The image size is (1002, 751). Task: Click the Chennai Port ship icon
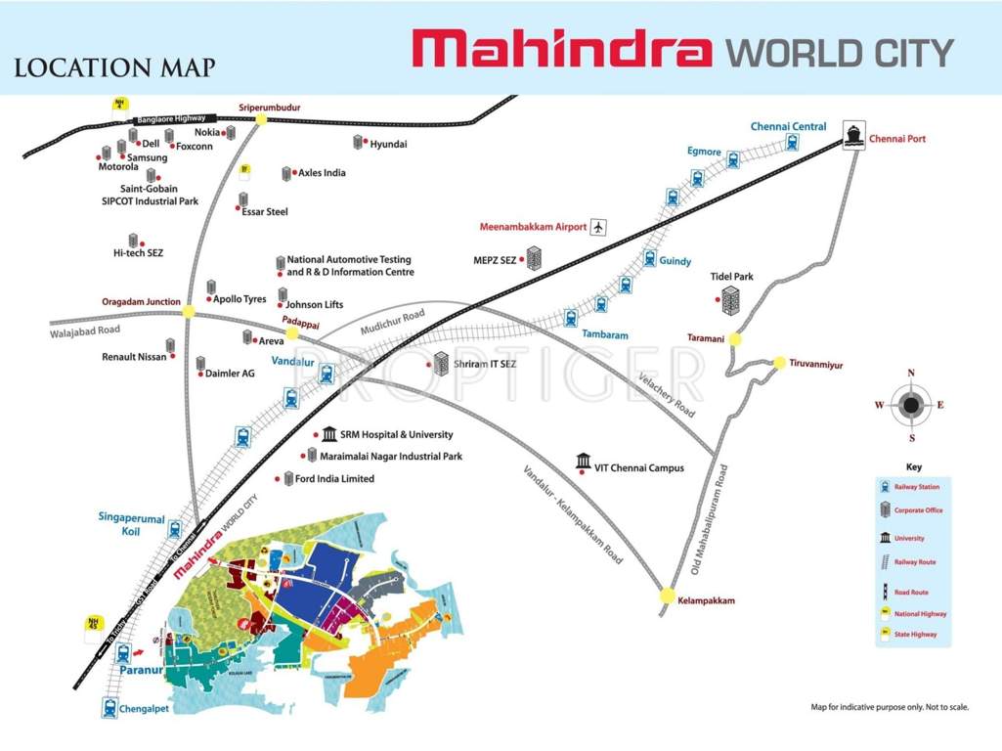(852, 135)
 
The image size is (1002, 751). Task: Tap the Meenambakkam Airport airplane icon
(599, 227)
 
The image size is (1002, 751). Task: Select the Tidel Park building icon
(730, 301)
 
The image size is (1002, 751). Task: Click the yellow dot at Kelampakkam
(667, 595)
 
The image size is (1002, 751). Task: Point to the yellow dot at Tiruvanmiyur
(780, 363)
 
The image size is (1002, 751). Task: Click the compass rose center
(911, 406)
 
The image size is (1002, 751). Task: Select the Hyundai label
(388, 144)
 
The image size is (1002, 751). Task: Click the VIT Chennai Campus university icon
(584, 461)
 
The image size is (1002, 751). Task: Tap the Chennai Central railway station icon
(791, 142)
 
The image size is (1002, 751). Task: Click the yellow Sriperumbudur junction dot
(261, 119)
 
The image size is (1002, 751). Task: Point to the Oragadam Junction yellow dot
(188, 311)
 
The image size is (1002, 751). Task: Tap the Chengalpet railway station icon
(109, 710)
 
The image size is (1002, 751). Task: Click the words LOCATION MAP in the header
(114, 68)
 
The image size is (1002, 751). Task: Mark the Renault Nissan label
(134, 357)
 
